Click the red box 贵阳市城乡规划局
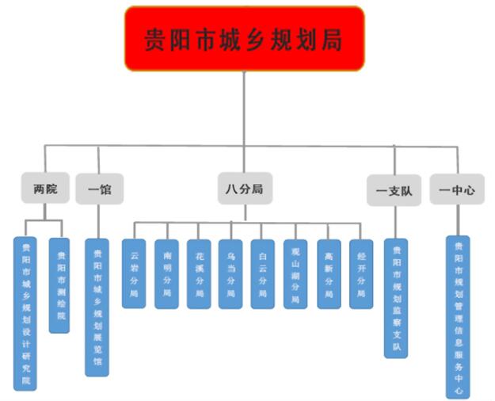point(244,38)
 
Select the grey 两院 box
point(45,189)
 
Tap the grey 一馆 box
point(99,189)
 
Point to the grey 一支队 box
point(394,190)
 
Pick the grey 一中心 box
point(457,190)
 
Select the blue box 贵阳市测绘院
point(59,285)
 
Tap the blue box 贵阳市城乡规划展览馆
point(97,307)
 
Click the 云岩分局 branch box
point(134,273)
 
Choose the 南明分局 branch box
point(166,273)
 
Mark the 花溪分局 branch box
point(199,273)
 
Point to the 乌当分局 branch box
point(230,273)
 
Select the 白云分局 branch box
point(263,273)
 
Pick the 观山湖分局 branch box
point(295,273)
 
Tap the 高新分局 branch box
point(329,273)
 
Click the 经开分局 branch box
point(361,273)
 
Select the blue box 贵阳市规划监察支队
point(397,298)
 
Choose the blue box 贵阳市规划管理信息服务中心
point(458,316)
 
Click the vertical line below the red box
point(244,107)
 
